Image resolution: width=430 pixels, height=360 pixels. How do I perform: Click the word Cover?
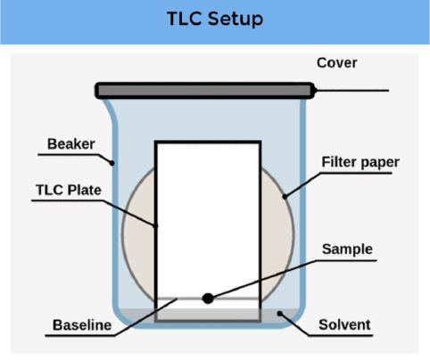(337, 62)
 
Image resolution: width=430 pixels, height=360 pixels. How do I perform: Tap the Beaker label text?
(71, 144)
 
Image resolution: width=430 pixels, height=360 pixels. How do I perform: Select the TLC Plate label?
(69, 190)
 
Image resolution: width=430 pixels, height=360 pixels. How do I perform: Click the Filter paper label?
(360, 162)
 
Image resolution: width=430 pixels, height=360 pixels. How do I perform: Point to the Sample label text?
(347, 249)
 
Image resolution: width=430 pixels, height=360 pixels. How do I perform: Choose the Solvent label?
(344, 324)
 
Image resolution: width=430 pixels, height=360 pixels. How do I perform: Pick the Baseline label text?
(82, 325)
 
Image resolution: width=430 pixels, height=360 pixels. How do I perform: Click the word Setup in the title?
(236, 20)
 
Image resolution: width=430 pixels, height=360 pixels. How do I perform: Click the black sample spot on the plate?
(208, 299)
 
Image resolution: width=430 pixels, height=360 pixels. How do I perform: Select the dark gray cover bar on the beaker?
(204, 90)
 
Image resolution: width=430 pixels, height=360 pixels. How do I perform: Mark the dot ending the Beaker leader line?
(112, 163)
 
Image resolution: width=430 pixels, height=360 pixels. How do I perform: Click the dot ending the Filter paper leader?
(285, 196)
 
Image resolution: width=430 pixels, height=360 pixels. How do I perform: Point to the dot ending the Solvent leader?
(279, 314)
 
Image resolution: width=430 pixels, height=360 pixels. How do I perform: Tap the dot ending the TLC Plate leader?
(155, 225)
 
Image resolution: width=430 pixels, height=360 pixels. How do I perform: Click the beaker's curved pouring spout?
(110, 114)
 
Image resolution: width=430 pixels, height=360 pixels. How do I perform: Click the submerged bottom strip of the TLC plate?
(208, 315)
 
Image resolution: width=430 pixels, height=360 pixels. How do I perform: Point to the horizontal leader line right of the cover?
(351, 90)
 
